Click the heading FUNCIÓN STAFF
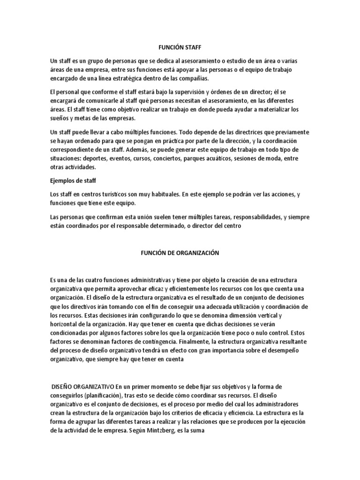tap(180, 47)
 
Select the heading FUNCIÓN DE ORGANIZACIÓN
tap(180, 253)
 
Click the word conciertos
tap(165, 158)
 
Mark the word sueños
tap(60, 118)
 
